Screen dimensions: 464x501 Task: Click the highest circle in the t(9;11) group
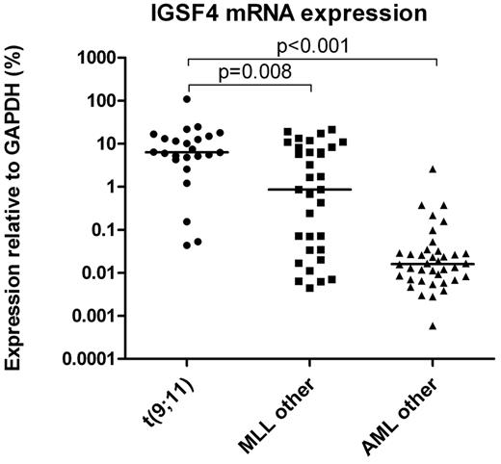tap(186, 99)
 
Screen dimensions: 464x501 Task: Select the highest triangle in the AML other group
tap(434, 169)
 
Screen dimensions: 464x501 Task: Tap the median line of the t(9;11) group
tap(186, 152)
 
